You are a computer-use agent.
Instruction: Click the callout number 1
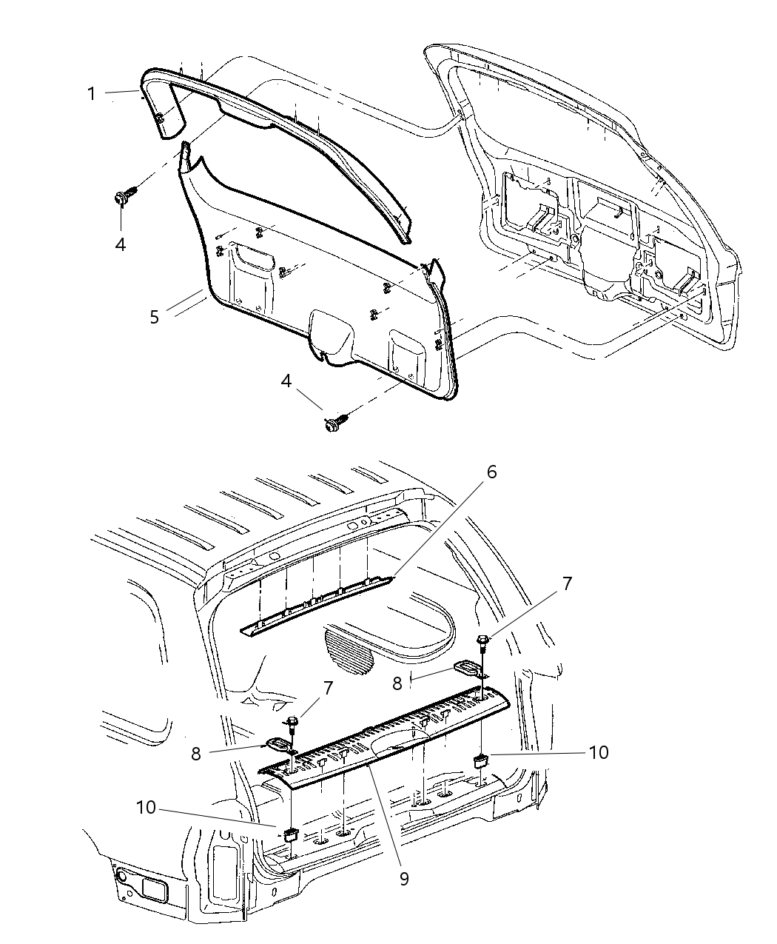point(91,94)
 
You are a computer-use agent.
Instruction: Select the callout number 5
point(154,317)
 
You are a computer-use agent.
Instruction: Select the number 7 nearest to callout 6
point(567,583)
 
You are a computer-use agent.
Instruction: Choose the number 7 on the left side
point(328,688)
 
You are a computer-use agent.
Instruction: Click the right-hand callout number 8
point(397,682)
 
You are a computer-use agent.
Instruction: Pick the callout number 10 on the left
point(147,806)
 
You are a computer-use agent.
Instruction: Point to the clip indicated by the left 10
point(292,832)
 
